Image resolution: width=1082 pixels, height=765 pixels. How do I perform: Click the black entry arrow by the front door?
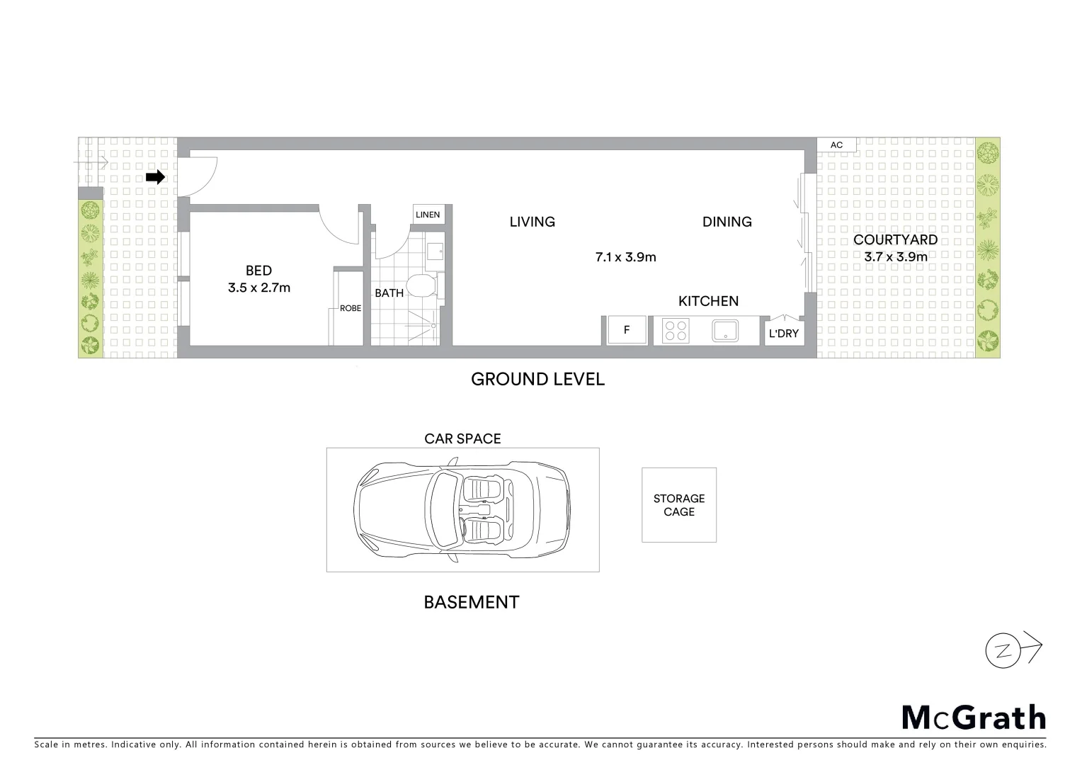click(x=155, y=177)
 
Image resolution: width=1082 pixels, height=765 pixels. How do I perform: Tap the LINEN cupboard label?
click(x=428, y=215)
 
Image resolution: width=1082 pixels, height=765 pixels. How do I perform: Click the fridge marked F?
click(x=627, y=330)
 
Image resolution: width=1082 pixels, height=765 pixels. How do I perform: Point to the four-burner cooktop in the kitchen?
click(x=676, y=331)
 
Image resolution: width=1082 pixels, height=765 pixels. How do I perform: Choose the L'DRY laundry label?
click(x=784, y=333)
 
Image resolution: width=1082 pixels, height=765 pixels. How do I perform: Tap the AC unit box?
click(x=836, y=145)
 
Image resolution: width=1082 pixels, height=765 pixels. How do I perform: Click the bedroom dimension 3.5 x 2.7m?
click(x=259, y=288)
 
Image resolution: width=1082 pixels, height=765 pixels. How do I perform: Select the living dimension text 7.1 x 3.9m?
click(x=626, y=257)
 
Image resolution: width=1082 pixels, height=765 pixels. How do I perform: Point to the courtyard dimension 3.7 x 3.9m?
click(x=896, y=257)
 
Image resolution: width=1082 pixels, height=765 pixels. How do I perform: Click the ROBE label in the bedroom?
click(x=351, y=308)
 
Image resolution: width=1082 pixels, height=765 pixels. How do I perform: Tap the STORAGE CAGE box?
click(x=679, y=505)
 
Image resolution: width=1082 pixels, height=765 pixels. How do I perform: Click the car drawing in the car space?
click(x=462, y=510)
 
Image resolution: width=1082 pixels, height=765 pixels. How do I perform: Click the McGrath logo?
click(x=974, y=718)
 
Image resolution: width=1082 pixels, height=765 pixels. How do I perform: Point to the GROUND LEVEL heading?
click(x=537, y=380)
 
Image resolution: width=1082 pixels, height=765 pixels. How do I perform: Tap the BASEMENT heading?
click(x=472, y=603)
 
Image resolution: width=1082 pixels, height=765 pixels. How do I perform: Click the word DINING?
click(x=727, y=222)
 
